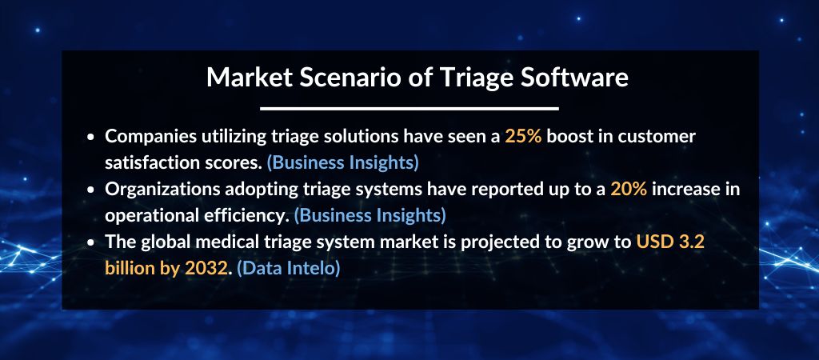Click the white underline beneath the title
pos(409,108)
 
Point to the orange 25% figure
pos(523,137)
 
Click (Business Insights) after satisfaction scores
pos(342,162)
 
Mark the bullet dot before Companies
pos(92,138)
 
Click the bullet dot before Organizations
pos(92,190)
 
